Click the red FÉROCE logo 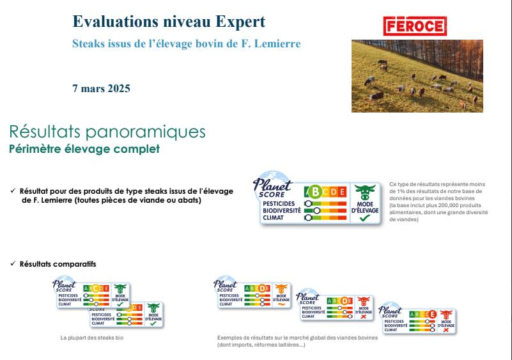pyautogui.click(x=415, y=26)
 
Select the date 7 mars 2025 pyautogui.click(x=101, y=88)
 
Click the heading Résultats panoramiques pyautogui.click(x=107, y=132)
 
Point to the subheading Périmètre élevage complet pyautogui.click(x=84, y=149)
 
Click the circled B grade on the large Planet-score pyautogui.click(x=314, y=191)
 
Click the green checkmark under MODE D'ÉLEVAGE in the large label pyautogui.click(x=365, y=218)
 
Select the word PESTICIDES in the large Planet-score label pyautogui.click(x=279, y=203)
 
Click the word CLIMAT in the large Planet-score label pyautogui.click(x=273, y=217)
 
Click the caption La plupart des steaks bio pyautogui.click(x=92, y=337)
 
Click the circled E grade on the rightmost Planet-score pyautogui.click(x=432, y=314)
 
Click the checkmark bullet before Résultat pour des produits pyautogui.click(x=13, y=191)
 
